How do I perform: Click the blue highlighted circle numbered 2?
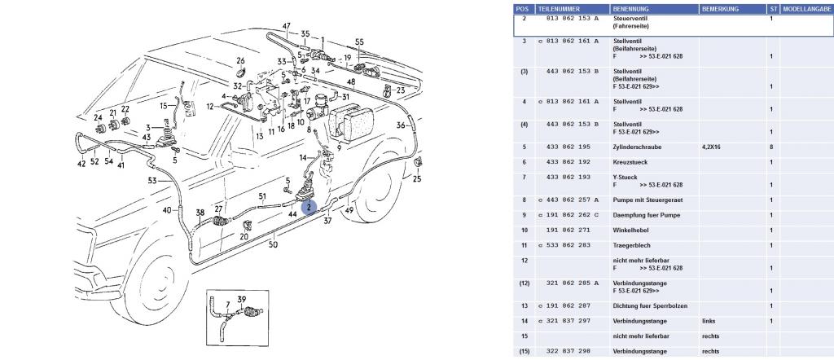[309, 208]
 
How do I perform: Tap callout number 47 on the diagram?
[288, 25]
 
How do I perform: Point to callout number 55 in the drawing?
[359, 42]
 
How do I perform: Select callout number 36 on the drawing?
[401, 125]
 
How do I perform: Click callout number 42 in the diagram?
[81, 164]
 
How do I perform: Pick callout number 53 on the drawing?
[152, 181]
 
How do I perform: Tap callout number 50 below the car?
[273, 244]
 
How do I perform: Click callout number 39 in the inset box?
[241, 299]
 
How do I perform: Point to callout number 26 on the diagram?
[241, 61]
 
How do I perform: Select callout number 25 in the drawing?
[419, 178]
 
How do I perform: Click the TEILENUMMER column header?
[559, 8]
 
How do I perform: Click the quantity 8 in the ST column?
[771, 147]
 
